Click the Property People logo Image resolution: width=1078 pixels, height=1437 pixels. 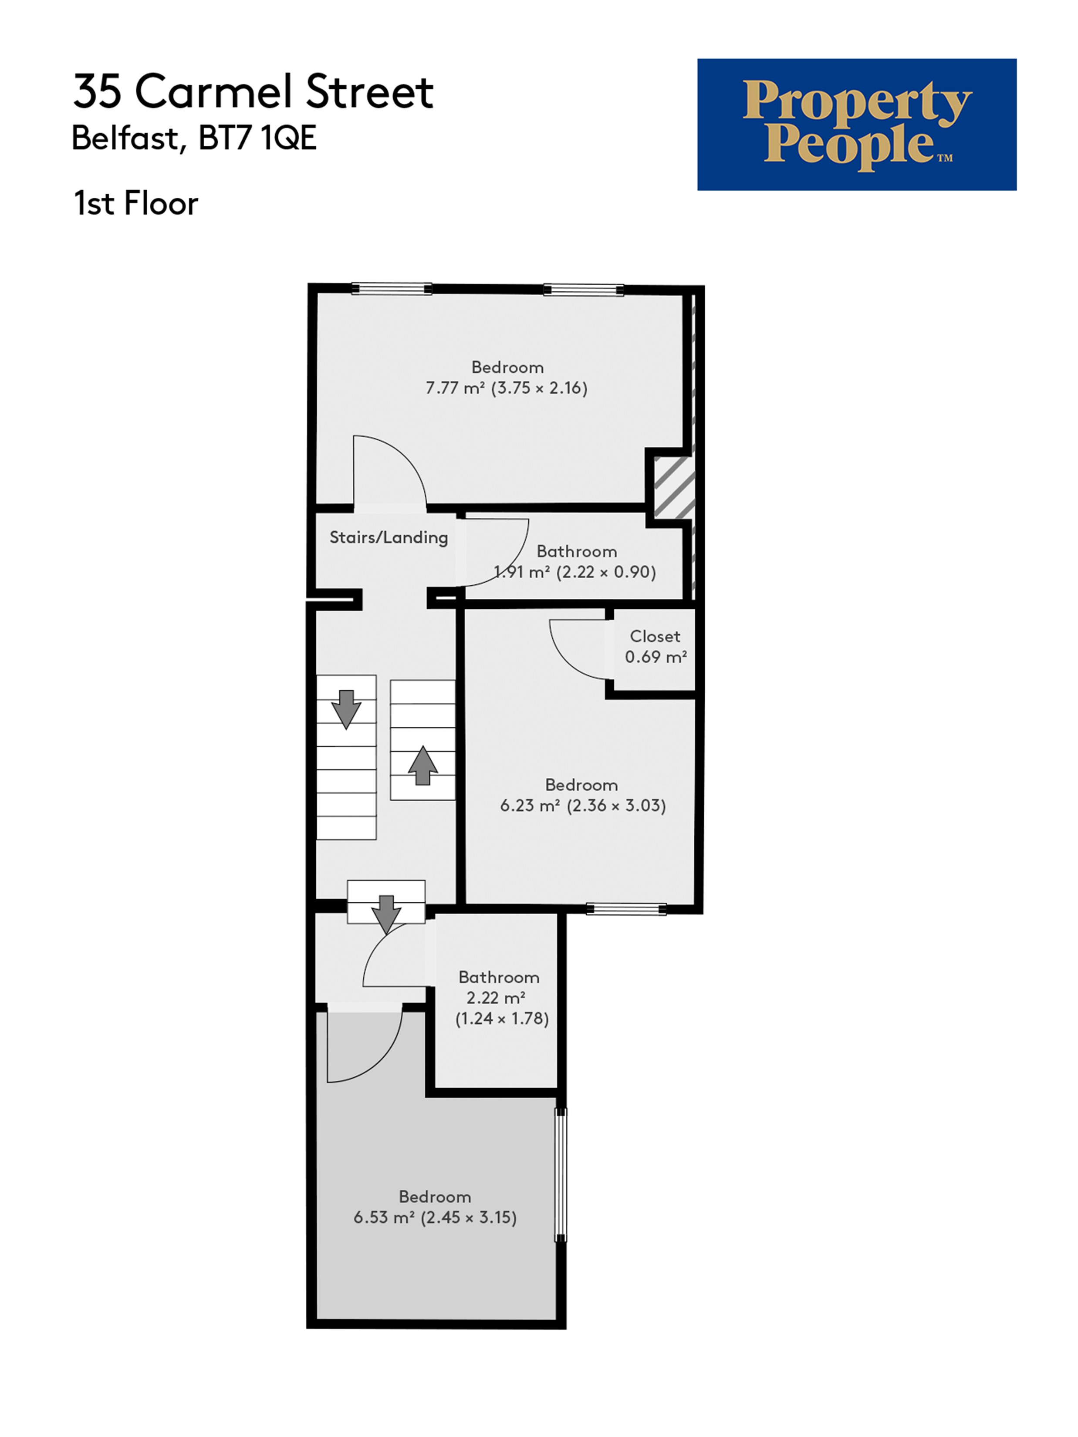[856, 125]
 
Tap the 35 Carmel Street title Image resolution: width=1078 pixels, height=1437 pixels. [253, 91]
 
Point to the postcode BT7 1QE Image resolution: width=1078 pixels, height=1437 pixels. [257, 138]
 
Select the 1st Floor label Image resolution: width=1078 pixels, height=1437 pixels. [136, 203]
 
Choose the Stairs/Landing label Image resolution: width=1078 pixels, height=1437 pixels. [389, 537]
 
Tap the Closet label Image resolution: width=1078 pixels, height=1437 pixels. [655, 636]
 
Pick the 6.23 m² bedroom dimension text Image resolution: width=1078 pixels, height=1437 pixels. [583, 806]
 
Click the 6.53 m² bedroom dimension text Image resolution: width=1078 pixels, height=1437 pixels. [435, 1217]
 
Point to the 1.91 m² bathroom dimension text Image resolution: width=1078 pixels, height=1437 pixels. [574, 572]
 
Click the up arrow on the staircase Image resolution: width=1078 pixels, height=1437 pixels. [423, 765]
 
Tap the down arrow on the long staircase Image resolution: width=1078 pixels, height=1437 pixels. [346, 709]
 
